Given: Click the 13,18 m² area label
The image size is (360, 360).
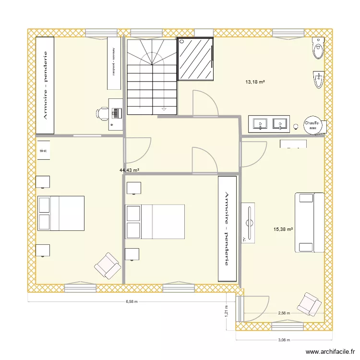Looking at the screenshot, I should (x=255, y=83).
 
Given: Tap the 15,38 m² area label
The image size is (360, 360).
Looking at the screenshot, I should (x=283, y=229).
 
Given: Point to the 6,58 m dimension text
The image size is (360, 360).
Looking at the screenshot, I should (x=132, y=302).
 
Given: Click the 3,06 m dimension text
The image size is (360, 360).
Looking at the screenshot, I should (x=285, y=340).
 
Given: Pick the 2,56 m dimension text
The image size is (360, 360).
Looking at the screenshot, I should (x=285, y=313).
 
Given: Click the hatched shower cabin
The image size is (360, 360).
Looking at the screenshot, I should (x=195, y=59).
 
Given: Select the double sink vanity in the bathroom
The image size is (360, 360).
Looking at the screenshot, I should (x=269, y=124).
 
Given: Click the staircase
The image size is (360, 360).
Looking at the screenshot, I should (x=152, y=77).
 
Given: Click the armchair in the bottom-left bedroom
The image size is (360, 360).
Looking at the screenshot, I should (x=107, y=265).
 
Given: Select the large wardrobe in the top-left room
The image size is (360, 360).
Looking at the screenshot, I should (x=46, y=85).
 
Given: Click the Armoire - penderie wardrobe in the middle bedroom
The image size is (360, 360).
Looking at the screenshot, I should (x=227, y=228).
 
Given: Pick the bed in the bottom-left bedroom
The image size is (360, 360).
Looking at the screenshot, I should (x=60, y=213).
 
